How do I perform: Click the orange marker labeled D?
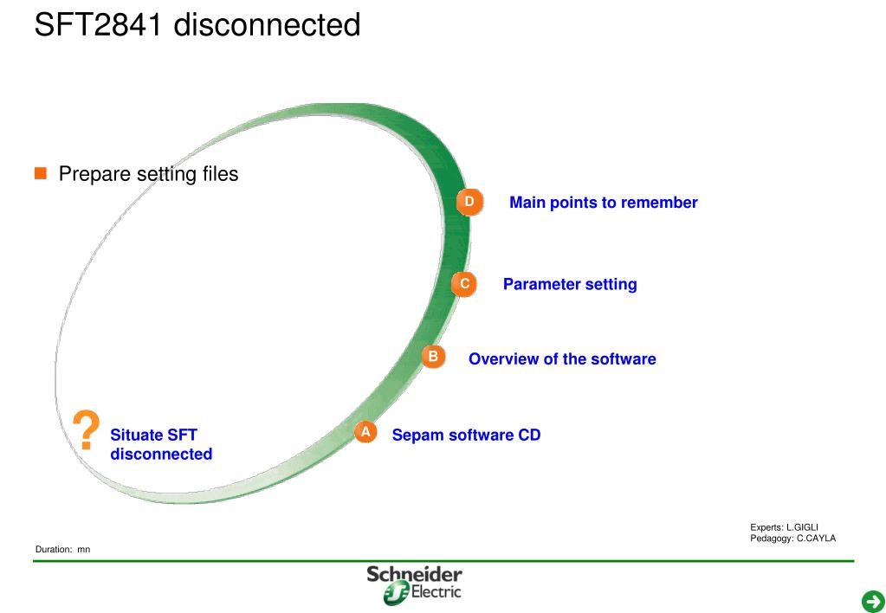tap(469, 203)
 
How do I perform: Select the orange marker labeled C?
tap(464, 284)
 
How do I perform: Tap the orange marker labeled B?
tap(433, 357)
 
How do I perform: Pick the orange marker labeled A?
tap(365, 432)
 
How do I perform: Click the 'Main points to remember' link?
tap(603, 203)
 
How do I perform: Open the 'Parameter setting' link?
tap(569, 284)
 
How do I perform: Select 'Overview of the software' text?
tap(562, 358)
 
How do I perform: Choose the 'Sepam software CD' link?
tap(466, 435)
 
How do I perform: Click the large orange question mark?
tap(86, 430)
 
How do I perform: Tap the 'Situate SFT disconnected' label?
tap(160, 444)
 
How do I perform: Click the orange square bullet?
tap(40, 174)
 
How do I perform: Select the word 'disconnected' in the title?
tap(267, 24)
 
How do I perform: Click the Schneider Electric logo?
tap(414, 584)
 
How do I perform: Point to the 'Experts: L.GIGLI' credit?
tap(784, 527)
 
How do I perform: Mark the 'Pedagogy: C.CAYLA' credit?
tap(792, 539)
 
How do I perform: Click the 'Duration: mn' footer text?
tap(62, 550)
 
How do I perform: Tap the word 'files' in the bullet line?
tap(220, 174)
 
